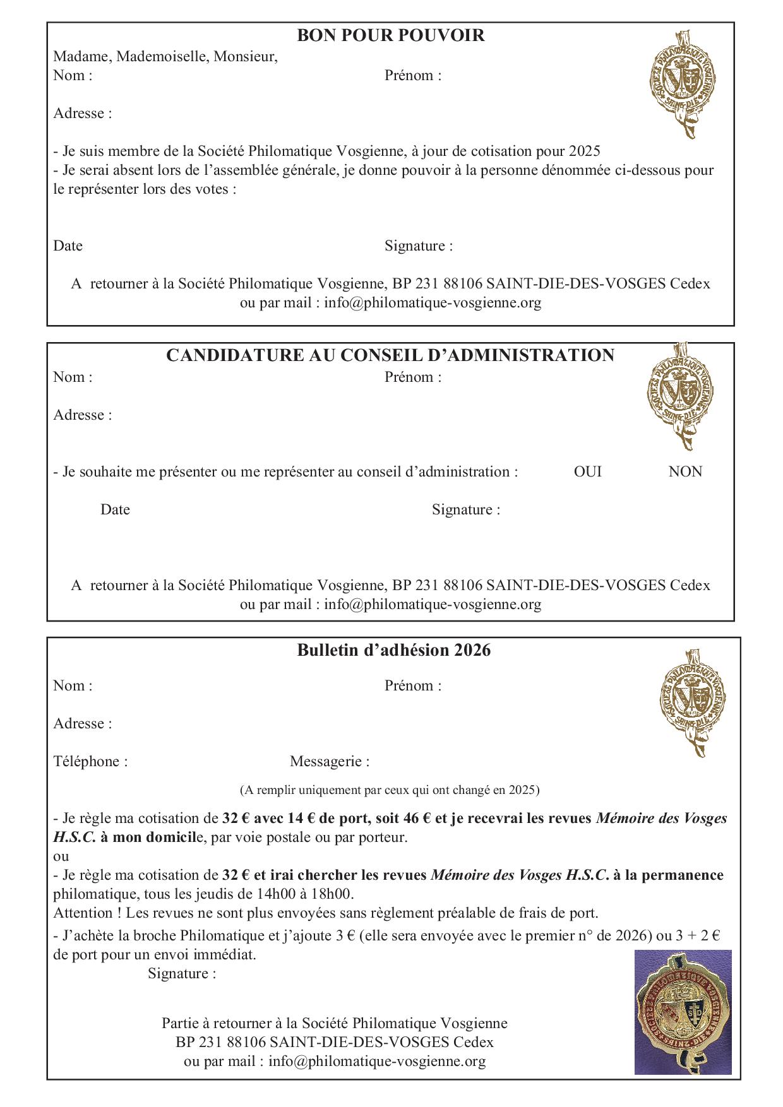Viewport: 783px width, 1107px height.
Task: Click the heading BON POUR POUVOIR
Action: click(x=390, y=35)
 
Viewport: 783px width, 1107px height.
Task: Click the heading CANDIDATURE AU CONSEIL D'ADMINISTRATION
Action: click(x=390, y=355)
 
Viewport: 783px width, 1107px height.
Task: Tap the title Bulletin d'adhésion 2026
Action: click(x=393, y=650)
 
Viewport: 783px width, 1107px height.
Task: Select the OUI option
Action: click(x=587, y=471)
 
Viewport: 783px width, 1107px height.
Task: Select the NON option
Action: click(x=685, y=471)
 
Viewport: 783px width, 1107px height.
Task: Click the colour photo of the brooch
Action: click(x=683, y=1012)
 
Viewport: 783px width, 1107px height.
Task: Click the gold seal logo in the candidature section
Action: click(x=680, y=396)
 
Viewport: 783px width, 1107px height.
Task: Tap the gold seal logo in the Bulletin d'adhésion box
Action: click(x=692, y=701)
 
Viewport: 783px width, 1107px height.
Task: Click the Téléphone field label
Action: click(x=90, y=761)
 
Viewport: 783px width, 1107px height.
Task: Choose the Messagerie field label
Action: click(x=330, y=761)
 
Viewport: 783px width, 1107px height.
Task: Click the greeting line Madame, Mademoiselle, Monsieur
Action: click(x=165, y=57)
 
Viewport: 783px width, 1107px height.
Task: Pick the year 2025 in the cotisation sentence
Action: click(x=584, y=151)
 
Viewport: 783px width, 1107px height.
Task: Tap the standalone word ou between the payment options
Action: click(x=61, y=856)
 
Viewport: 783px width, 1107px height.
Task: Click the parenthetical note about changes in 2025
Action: click(x=390, y=790)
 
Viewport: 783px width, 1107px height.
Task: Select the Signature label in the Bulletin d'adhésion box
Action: click(x=182, y=973)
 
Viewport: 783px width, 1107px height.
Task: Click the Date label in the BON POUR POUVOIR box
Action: click(x=68, y=246)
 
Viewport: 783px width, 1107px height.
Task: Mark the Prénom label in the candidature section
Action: click(x=413, y=377)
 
